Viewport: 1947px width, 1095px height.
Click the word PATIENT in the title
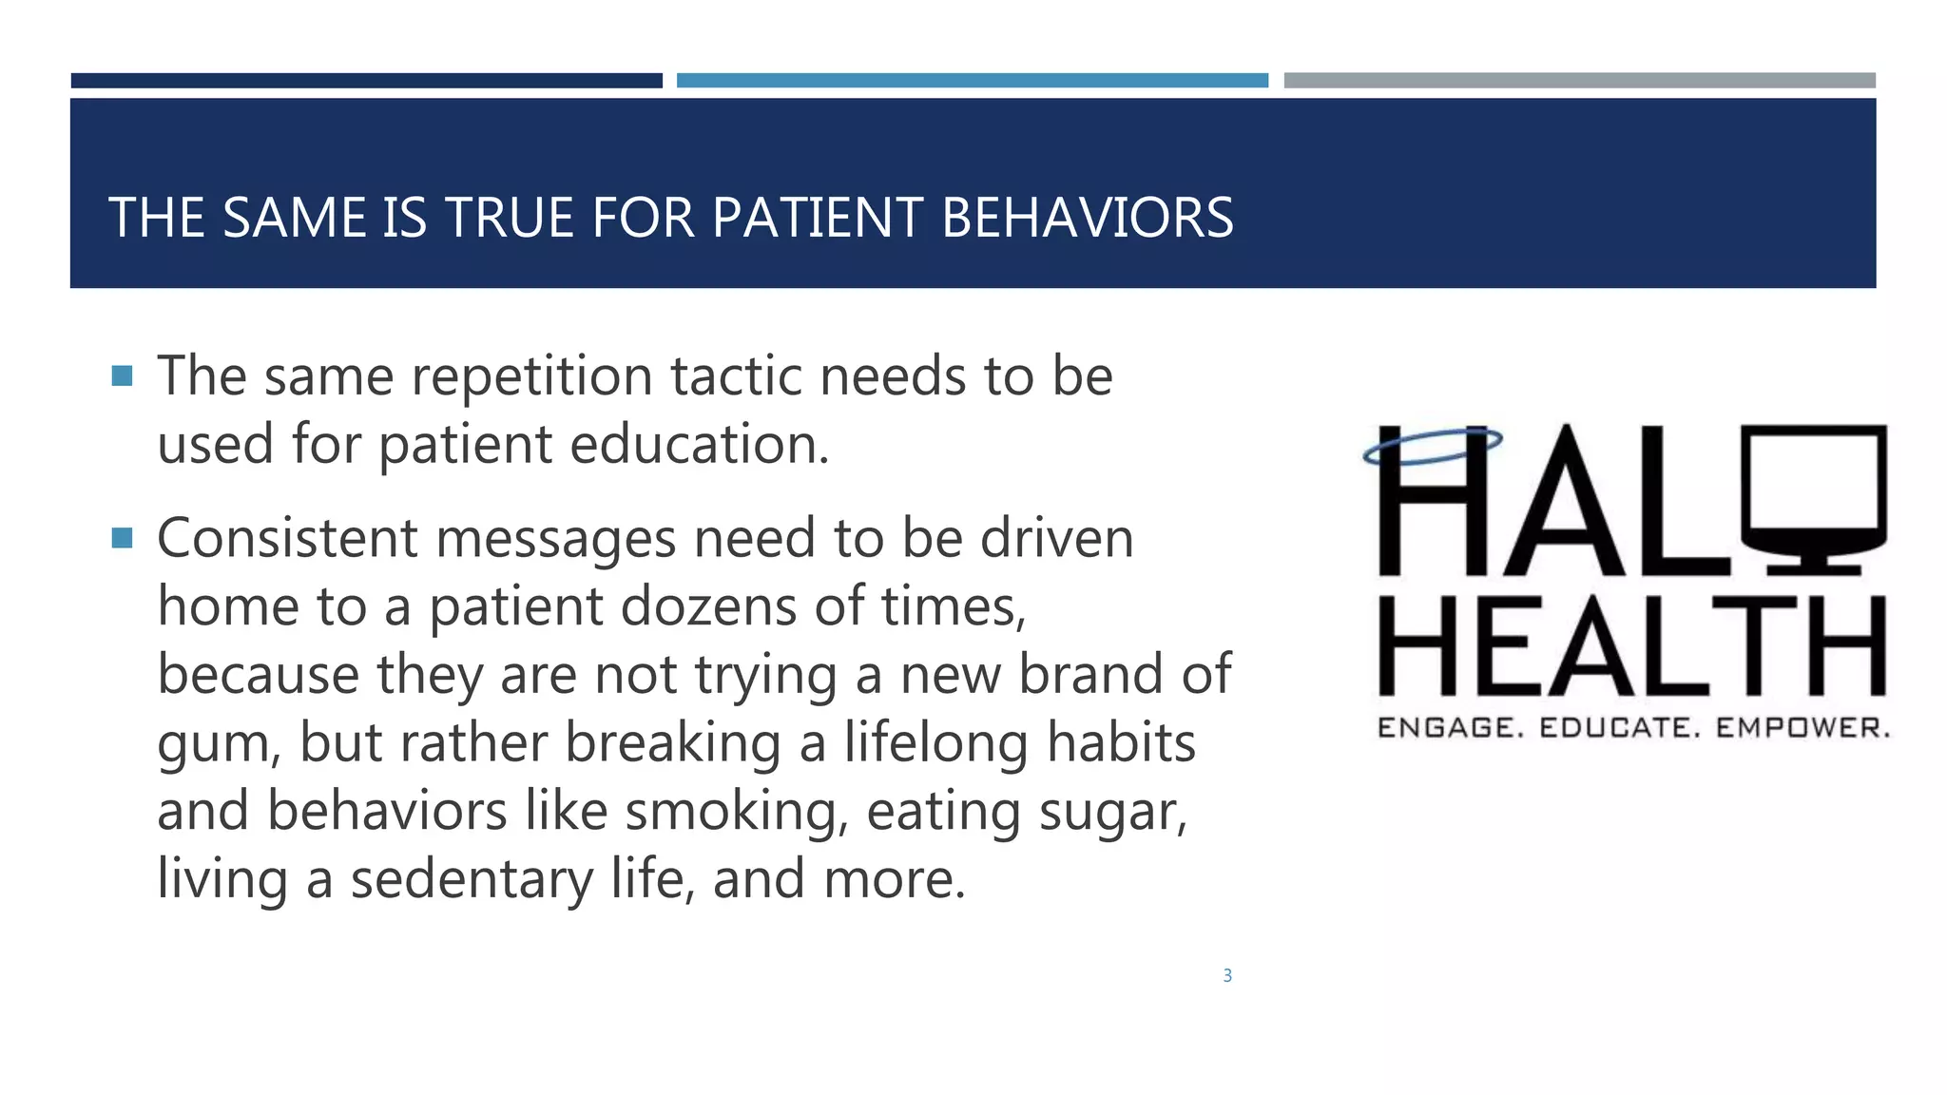pyautogui.click(x=817, y=218)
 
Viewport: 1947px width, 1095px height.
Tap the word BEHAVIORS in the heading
pyautogui.click(x=1087, y=218)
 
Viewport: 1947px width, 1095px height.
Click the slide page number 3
pyautogui.click(x=1227, y=975)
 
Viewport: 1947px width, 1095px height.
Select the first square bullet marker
pyautogui.click(x=122, y=376)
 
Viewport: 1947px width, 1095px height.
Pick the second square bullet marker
pyautogui.click(x=122, y=539)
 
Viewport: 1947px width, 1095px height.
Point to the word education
pyautogui.click(x=699, y=444)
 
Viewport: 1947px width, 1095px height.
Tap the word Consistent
pyautogui.click(x=287, y=539)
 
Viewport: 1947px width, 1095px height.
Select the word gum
pyautogui.click(x=218, y=744)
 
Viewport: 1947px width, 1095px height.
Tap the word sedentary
pyautogui.click(x=472, y=879)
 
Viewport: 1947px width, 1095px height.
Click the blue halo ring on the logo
pyautogui.click(x=1433, y=446)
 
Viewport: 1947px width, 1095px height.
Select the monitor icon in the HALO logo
pyautogui.click(x=1814, y=499)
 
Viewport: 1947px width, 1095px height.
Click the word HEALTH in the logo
pyautogui.click(x=1631, y=646)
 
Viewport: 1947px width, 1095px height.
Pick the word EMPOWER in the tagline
pyautogui.click(x=1802, y=728)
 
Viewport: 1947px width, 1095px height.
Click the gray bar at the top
pyautogui.click(x=1579, y=81)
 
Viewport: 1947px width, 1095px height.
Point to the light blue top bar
pyautogui.click(x=972, y=81)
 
